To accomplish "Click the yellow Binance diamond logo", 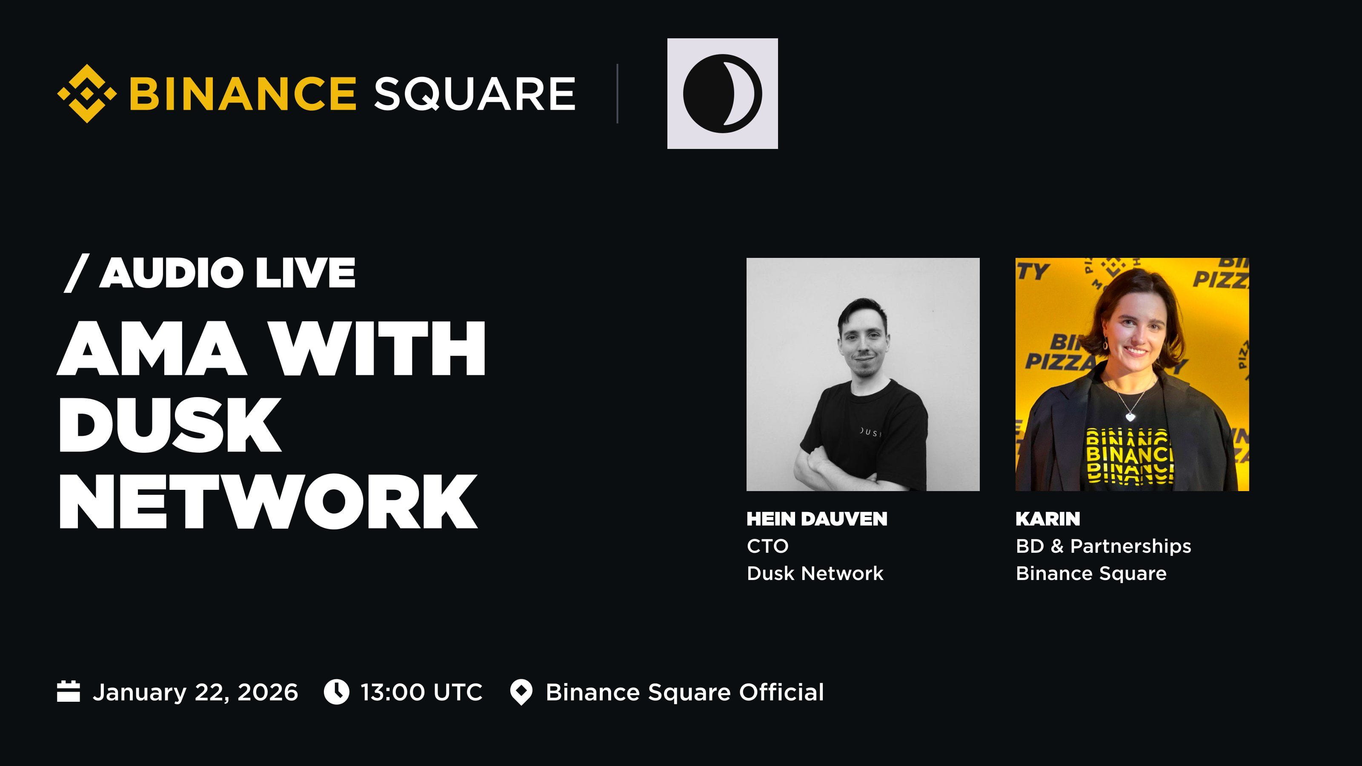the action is click(x=87, y=94).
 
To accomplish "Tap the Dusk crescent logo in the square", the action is click(x=722, y=94).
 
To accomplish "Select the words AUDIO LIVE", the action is click(x=227, y=273).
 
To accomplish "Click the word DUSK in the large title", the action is click(x=170, y=425).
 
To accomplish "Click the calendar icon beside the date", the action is click(x=68, y=692).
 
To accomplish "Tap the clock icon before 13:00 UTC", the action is click(x=336, y=692).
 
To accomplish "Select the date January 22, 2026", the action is click(x=195, y=692).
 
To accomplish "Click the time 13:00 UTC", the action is click(x=421, y=692).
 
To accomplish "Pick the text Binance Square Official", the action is click(x=685, y=692).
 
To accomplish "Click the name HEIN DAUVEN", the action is click(x=817, y=519).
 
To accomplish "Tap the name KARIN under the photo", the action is click(x=1048, y=519).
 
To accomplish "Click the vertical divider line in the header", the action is click(x=617, y=94).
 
